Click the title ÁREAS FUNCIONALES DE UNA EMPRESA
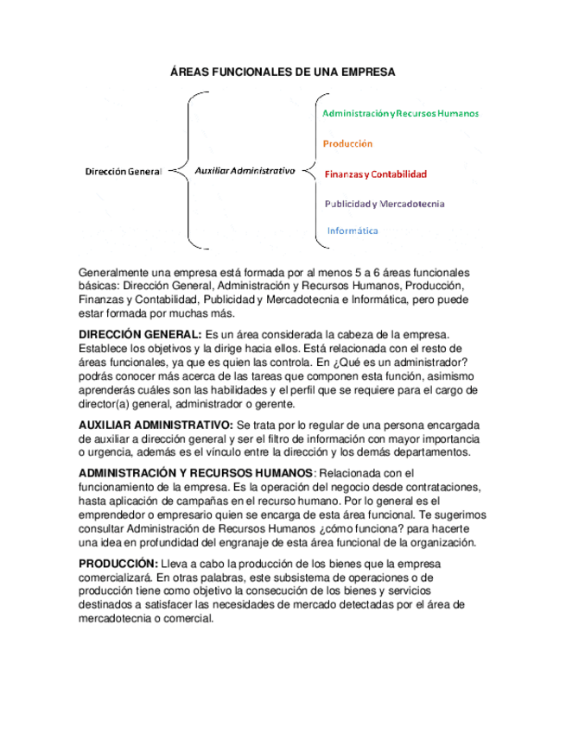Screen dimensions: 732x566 tap(283, 73)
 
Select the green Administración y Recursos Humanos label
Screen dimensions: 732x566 tap(400, 113)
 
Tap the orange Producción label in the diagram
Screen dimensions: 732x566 tap(348, 143)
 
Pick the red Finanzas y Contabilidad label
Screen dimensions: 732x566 tap(375, 174)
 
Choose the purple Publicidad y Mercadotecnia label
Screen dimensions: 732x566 tap(385, 204)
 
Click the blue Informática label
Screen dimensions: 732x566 tap(353, 230)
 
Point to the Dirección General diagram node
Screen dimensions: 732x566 tap(123, 172)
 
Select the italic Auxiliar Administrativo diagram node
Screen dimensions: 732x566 tap(245, 171)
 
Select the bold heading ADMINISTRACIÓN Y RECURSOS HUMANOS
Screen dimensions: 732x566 tap(195, 473)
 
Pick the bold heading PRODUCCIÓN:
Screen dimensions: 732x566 tap(112, 564)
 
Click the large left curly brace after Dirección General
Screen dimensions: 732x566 tap(192, 171)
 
